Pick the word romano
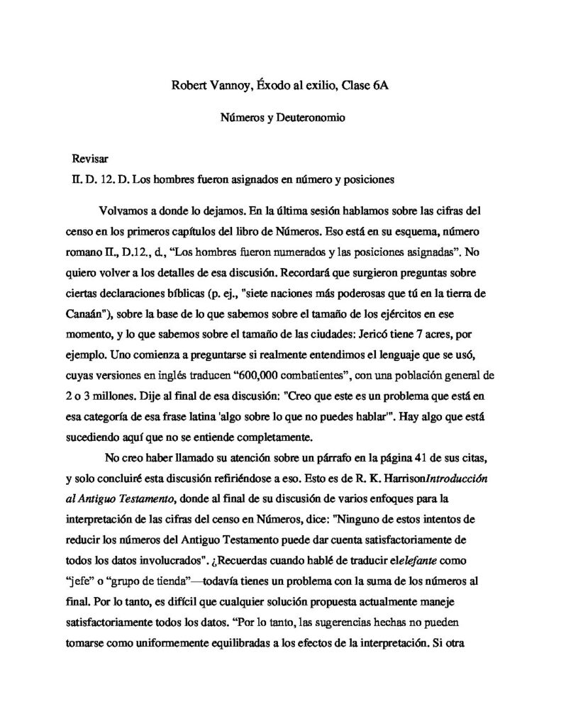click(87, 251)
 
